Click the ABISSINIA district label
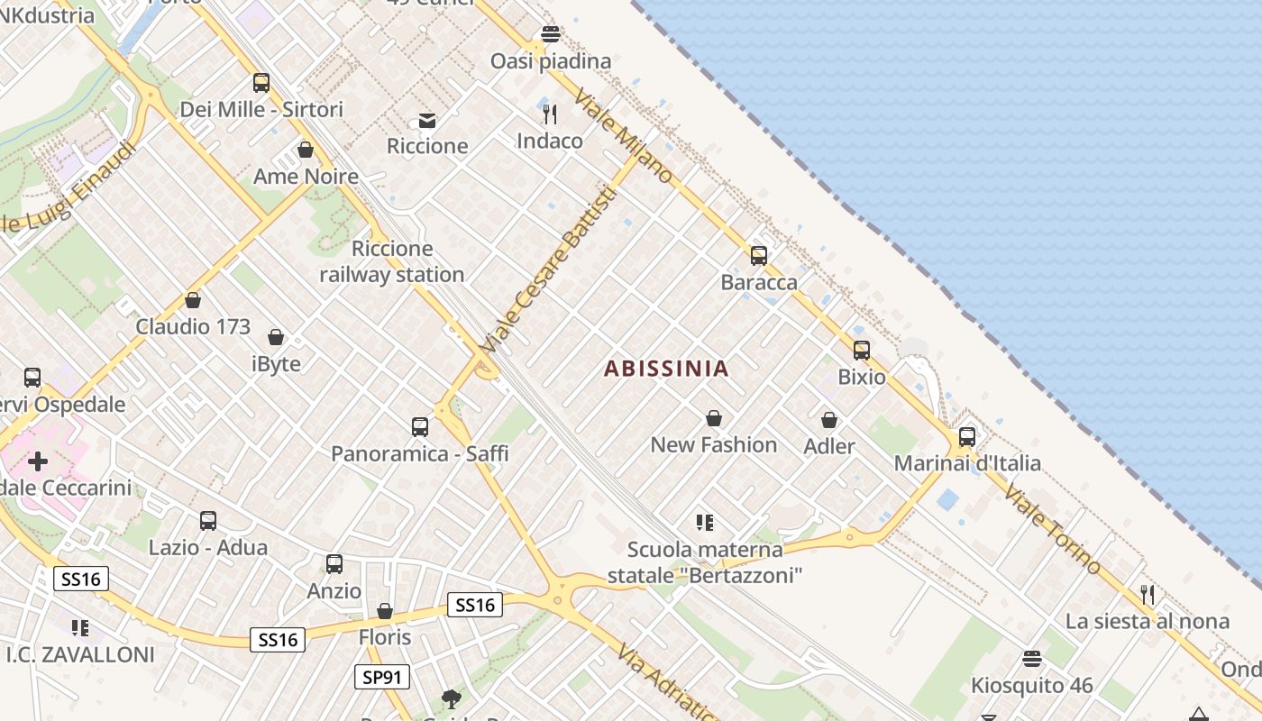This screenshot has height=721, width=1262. [666, 368]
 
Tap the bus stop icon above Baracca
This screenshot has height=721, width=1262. [759, 256]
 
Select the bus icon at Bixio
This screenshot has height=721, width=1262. [862, 351]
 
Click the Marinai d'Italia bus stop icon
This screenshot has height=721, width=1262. [967, 437]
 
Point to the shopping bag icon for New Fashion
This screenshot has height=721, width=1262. [714, 418]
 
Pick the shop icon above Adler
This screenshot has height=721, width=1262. [829, 420]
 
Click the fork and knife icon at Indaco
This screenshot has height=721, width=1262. [550, 114]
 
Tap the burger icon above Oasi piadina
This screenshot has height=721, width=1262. [551, 34]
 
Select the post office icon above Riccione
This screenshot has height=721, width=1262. [427, 120]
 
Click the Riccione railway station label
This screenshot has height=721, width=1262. [392, 261]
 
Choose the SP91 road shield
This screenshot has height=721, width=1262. [381, 677]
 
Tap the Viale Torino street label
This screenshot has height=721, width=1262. [1052, 529]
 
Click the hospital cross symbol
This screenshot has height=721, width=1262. [38, 462]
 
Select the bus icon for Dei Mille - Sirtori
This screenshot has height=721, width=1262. [261, 83]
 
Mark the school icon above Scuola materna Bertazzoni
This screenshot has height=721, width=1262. [705, 522]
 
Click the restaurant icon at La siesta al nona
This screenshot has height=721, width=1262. [1148, 594]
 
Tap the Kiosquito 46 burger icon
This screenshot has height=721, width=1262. [1032, 659]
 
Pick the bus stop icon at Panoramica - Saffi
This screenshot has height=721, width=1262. [420, 427]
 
